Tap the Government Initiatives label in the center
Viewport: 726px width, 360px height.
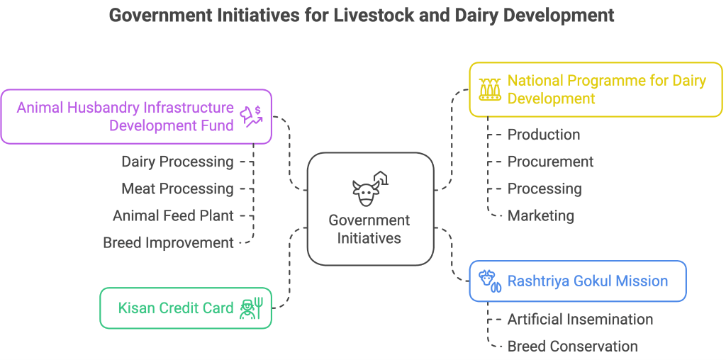369,229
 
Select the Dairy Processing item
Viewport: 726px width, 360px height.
177,162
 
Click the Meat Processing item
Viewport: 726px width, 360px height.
177,189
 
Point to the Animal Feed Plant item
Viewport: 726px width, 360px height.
173,215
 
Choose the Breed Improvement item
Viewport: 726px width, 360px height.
168,242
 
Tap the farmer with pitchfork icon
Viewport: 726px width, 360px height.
251,308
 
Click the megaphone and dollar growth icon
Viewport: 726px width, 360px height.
251,116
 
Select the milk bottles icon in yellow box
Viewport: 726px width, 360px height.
490,89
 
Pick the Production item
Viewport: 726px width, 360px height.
544,135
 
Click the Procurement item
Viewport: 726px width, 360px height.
550,162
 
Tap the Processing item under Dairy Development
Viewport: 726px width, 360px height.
544,189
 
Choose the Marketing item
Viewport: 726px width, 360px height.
540,215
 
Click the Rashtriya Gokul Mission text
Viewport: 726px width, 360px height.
588,281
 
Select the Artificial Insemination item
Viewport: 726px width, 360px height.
580,319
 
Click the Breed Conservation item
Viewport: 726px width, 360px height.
572,346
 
